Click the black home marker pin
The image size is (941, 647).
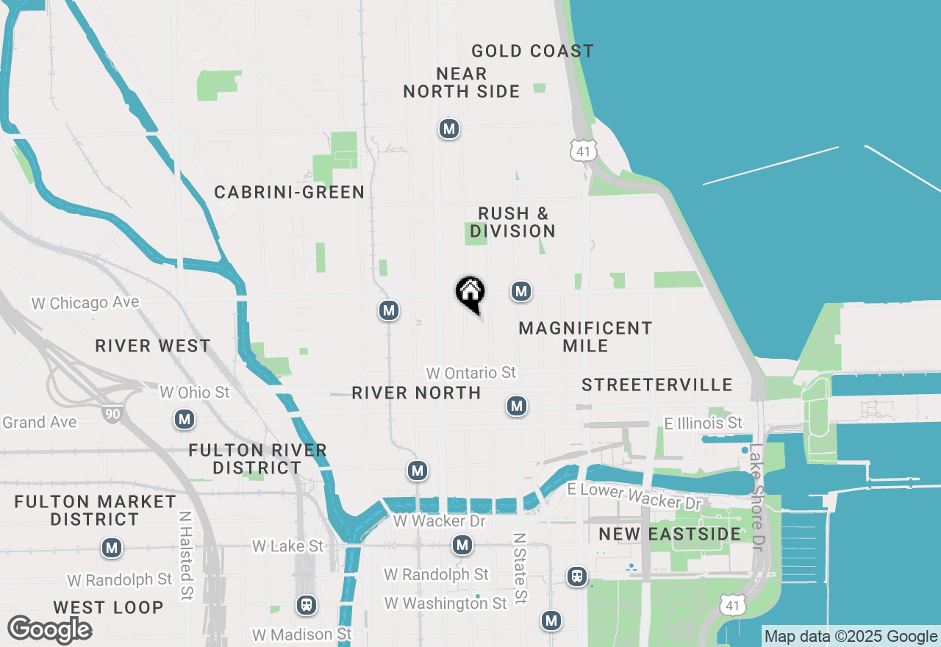pos(470,293)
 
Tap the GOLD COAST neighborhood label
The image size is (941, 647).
pos(532,51)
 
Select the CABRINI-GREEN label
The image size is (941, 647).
pos(290,192)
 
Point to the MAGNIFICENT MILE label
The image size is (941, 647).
pos(585,337)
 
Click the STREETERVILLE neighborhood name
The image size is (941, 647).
pos(657,385)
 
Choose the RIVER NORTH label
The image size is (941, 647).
pos(416,393)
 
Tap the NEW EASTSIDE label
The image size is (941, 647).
pos(670,534)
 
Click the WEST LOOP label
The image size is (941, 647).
pos(108,607)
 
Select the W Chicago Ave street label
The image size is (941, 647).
pos(85,303)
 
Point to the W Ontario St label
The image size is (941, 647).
pos(471,373)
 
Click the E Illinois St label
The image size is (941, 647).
pos(703,423)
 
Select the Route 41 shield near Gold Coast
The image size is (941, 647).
pos(582,151)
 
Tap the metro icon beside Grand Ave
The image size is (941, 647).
pos(184,420)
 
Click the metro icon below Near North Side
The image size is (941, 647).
pos(448,129)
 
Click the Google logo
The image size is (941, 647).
pos(49,629)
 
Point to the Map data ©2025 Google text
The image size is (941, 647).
pos(851,637)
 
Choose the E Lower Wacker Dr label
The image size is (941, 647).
pos(634,496)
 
